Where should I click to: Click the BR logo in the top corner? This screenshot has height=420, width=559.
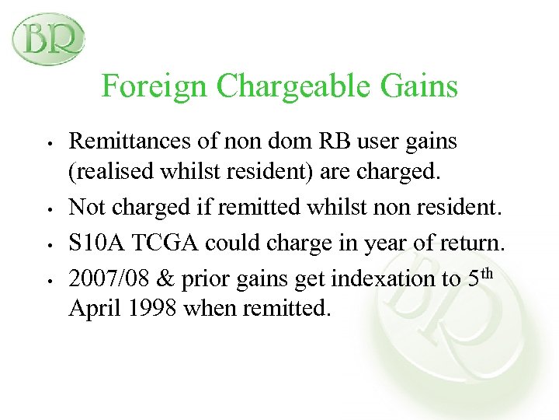[x=48, y=38]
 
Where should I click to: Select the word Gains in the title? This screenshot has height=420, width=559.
[x=423, y=86]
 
